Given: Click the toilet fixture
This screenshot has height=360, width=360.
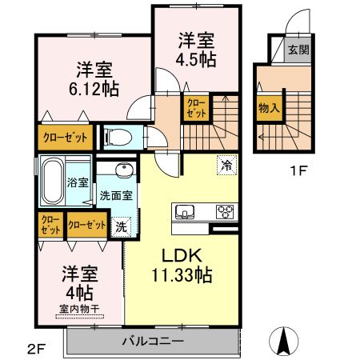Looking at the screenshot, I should tap(114, 135).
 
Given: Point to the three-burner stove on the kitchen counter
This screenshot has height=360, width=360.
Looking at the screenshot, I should tap(226, 212).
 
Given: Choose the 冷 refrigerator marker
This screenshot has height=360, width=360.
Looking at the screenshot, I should tap(226, 166).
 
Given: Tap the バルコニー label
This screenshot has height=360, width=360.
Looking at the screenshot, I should tap(153, 341).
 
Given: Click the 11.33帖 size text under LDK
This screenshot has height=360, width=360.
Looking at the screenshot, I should tap(183, 275).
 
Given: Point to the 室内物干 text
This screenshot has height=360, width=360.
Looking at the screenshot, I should tap(78, 308).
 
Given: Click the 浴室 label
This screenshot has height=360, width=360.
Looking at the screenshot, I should tap(78, 182).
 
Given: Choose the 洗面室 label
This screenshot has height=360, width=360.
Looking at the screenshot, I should tap(116, 195).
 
